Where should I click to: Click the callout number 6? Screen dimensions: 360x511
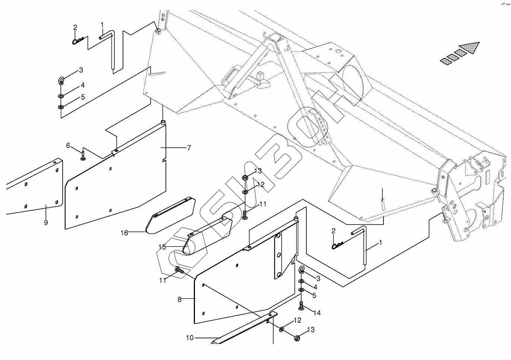(x=68, y=145)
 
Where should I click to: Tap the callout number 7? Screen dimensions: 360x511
(x=189, y=148)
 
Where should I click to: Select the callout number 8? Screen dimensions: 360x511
(x=179, y=299)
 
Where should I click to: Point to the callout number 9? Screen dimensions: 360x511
(x=46, y=223)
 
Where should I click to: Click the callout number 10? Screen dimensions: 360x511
(x=190, y=338)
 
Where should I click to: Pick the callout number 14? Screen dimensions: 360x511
(x=317, y=313)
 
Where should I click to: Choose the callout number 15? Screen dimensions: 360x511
(x=162, y=247)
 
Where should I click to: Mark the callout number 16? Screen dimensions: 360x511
(x=124, y=233)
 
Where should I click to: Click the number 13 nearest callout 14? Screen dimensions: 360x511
(x=310, y=330)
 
